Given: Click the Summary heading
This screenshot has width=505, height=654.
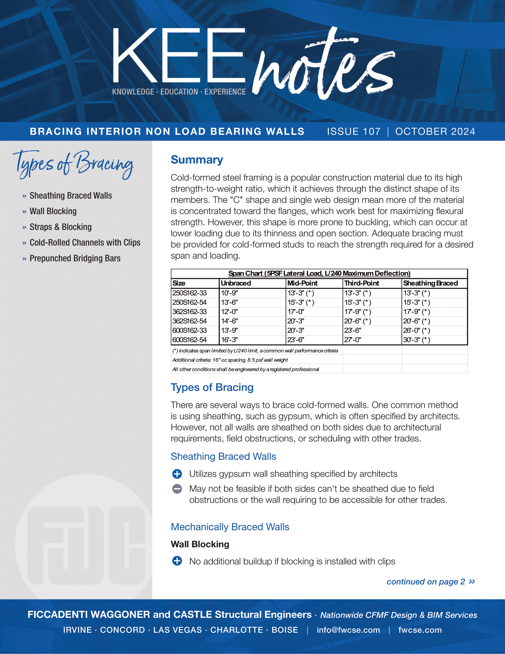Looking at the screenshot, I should pyautogui.click(x=197, y=160).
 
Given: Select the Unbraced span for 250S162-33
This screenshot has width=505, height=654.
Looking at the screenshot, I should pyautogui.click(x=229, y=293).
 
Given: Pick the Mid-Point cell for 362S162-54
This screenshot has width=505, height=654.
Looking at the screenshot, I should pyautogui.click(x=296, y=321).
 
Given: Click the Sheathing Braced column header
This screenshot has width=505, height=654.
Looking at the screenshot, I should pyautogui.click(x=430, y=283).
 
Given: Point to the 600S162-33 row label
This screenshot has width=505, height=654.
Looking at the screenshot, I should pyautogui.click(x=190, y=331).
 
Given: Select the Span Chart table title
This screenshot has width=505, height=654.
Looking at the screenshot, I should pyautogui.click(x=319, y=273).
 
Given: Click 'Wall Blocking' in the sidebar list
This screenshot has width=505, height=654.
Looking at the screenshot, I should pyautogui.click(x=53, y=211).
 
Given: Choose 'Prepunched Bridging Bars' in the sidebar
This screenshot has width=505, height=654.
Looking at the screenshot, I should pyautogui.click(x=75, y=258).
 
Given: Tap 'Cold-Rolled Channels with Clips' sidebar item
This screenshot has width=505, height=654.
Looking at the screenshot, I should pyautogui.click(x=85, y=243).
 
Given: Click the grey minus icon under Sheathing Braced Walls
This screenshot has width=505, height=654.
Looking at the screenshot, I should pyautogui.click(x=177, y=489).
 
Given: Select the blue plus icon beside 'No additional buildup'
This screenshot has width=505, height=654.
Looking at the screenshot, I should pyautogui.click(x=177, y=561).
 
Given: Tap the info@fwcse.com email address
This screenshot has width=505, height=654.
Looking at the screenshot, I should pyautogui.click(x=348, y=630).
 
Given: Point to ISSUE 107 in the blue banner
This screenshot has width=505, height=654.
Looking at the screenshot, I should pyautogui.click(x=353, y=131).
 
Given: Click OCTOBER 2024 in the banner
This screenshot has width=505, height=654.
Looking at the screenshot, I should pyautogui.click(x=435, y=131).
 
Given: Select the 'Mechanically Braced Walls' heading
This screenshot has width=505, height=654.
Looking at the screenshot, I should pyautogui.click(x=230, y=527).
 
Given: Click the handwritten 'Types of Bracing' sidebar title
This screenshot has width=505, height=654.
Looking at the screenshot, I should pyautogui.click(x=73, y=164).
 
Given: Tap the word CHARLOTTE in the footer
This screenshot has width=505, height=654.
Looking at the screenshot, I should pyautogui.click(x=236, y=630).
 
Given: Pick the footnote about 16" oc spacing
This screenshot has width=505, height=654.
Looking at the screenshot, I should pyautogui.click(x=230, y=360).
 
